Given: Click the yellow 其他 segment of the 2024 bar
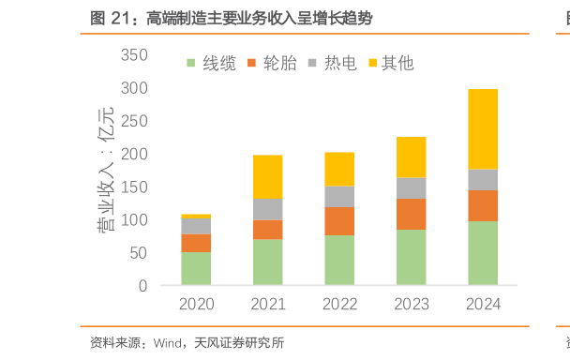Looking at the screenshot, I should tap(482, 128).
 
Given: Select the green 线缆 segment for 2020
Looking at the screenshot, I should tap(196, 268).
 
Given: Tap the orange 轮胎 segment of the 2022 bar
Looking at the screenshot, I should tap(339, 221).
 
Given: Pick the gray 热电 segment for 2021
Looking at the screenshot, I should tap(267, 209).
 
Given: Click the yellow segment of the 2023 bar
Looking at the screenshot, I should tap(411, 157).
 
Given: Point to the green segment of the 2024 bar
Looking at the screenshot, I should tap(482, 253).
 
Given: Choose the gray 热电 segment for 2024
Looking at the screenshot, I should tap(482, 180).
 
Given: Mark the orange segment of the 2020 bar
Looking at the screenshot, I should tap(196, 243).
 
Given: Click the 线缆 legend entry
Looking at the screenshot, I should tap(210, 64).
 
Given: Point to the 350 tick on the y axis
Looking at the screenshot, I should tap(135, 55).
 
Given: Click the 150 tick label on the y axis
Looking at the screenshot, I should tap(135, 187).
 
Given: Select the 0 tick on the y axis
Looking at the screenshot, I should tap(142, 286).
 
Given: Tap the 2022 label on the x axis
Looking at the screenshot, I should tap(339, 304).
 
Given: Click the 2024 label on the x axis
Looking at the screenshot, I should tap(482, 304).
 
